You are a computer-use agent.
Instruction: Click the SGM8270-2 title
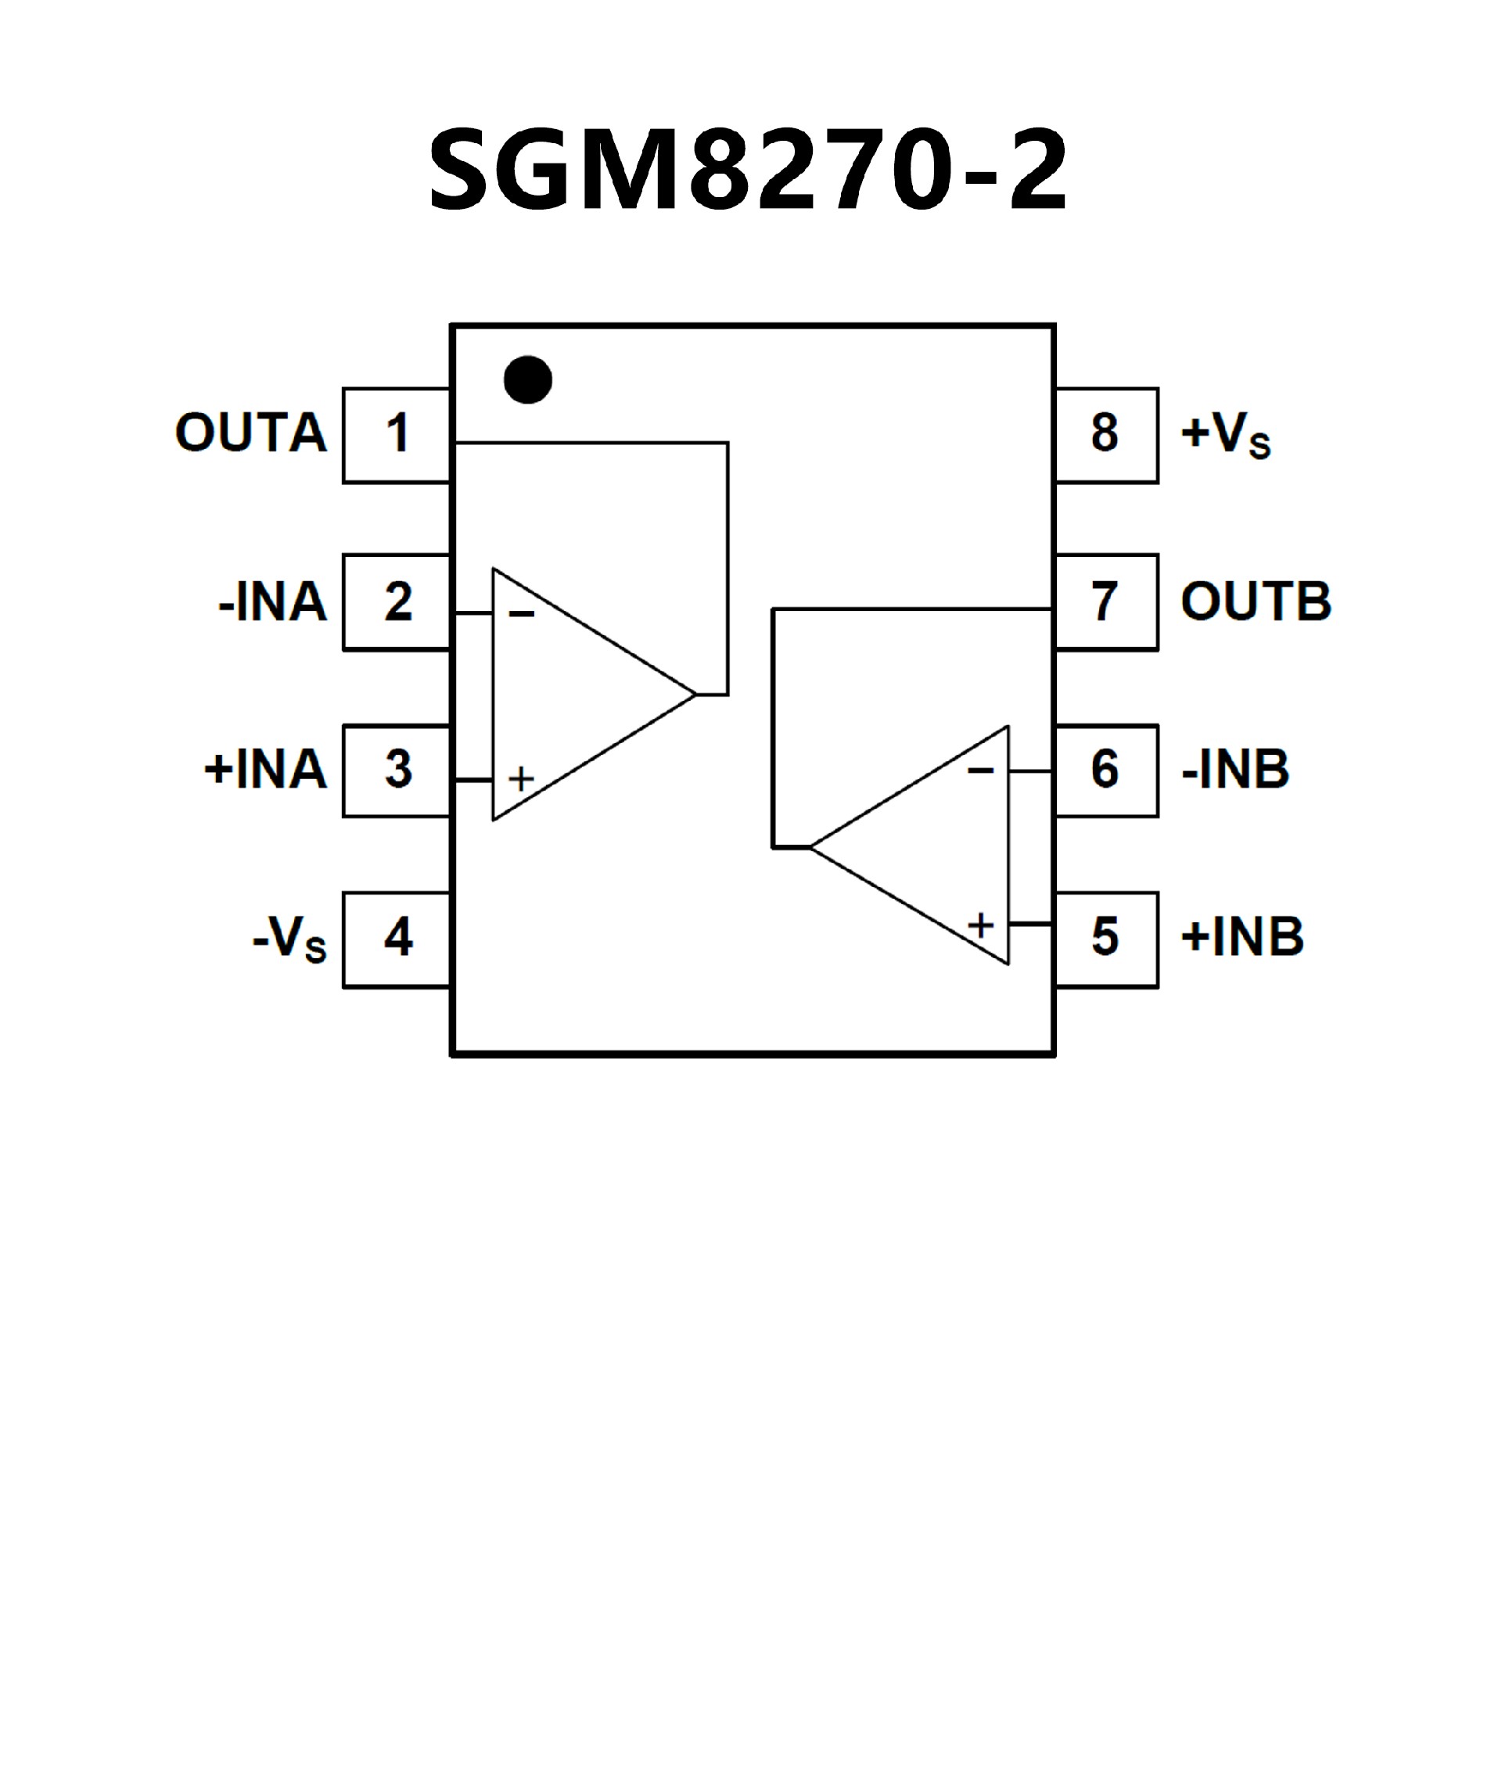coord(748,168)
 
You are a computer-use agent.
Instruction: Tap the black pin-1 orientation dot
coord(527,379)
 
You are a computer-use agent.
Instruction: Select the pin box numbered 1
coord(397,435)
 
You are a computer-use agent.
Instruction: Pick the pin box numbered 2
coord(397,602)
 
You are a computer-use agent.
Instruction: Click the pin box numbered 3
coord(397,770)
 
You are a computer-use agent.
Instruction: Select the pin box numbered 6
coord(1106,770)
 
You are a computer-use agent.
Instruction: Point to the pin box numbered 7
coord(1106,602)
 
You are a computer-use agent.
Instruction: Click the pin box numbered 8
coord(1106,435)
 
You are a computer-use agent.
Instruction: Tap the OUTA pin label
coord(251,433)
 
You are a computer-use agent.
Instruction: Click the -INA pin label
coord(273,602)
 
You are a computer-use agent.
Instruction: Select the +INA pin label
coord(265,770)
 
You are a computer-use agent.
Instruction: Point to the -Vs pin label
coord(289,939)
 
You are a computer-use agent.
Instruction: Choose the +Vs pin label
coord(1226,434)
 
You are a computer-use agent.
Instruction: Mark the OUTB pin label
coord(1256,602)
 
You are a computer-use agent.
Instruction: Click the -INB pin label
coord(1235,770)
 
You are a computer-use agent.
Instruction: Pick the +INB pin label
coord(1242,937)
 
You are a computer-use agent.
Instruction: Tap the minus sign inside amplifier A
coord(522,613)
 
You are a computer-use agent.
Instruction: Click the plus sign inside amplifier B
coord(980,925)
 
